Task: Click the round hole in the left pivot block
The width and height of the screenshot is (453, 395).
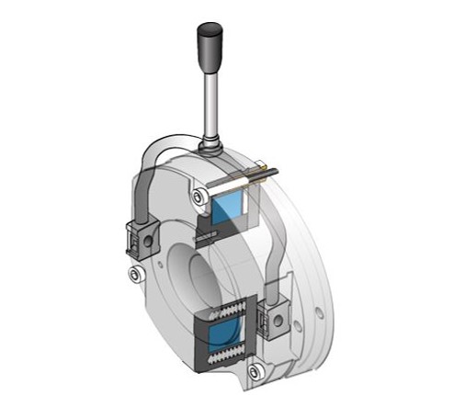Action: coord(143,242)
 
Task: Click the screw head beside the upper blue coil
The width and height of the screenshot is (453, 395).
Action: coord(197,195)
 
